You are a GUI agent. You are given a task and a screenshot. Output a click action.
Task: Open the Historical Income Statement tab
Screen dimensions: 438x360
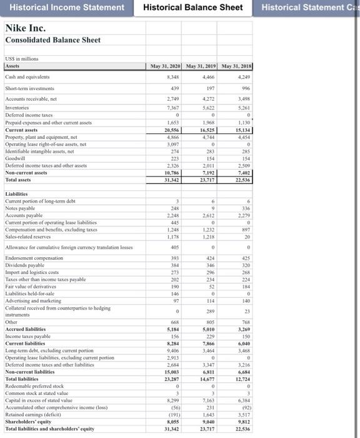(x=66, y=8)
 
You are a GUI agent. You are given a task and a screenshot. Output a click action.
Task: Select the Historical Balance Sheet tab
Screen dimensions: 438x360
(x=192, y=8)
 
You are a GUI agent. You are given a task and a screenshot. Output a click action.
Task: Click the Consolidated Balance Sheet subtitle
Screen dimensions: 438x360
(x=52, y=40)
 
